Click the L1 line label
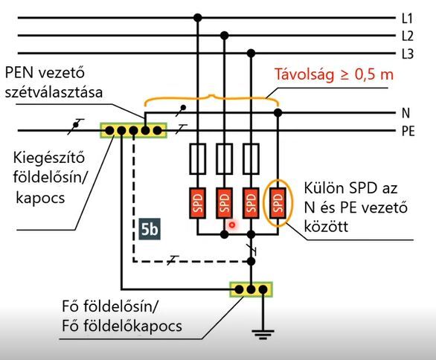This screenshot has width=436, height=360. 407,19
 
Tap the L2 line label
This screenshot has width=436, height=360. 408,36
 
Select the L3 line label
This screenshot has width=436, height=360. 408,54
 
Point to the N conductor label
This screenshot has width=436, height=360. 405,113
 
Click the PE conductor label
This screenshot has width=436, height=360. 408,131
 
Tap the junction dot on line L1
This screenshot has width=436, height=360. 198,18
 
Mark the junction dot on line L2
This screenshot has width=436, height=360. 225,36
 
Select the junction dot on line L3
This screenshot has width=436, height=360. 251,53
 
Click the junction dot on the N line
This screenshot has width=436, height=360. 278,112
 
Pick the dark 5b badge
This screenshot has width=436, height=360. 150,229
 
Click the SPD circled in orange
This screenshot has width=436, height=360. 278,203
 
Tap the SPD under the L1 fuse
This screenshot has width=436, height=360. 198,203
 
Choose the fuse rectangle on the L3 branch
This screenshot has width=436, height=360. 251,158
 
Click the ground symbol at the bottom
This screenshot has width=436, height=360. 263,335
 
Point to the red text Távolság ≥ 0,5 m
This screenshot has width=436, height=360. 334,74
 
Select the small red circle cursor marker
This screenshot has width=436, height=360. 231,225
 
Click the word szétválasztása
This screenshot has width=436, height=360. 54,92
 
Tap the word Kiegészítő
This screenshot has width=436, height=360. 49,158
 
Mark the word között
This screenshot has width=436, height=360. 326,226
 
